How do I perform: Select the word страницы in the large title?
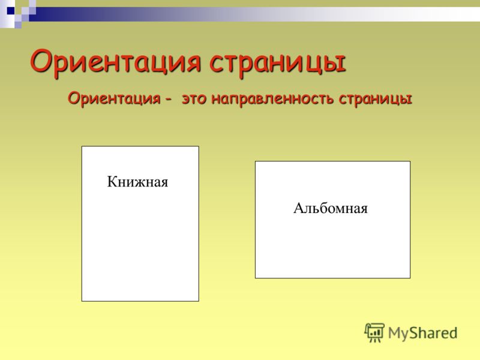click(x=278, y=64)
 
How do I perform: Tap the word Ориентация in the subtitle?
click(x=114, y=98)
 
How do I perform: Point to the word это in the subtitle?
click(x=194, y=99)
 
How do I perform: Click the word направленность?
click(x=272, y=98)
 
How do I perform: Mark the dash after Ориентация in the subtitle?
click(x=168, y=100)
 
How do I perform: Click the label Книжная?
click(x=137, y=182)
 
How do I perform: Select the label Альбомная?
click(x=331, y=208)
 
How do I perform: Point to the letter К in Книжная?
click(x=112, y=181)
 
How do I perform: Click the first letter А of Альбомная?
click(x=299, y=208)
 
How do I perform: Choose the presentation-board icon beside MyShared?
click(x=374, y=332)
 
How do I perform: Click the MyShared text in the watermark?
click(x=423, y=333)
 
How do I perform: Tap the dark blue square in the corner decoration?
click(x=11, y=11)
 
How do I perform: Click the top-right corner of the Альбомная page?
click(x=410, y=161)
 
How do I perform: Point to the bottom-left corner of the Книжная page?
click(x=82, y=301)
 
